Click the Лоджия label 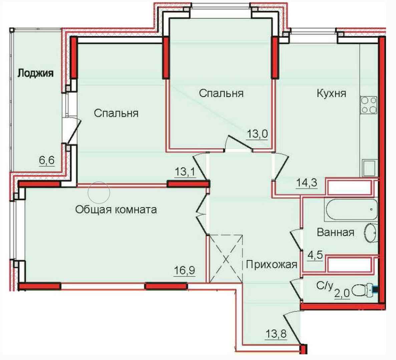pyautogui.click(x=35, y=73)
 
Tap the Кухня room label pyautogui.click(x=331, y=93)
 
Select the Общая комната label pyautogui.click(x=116, y=209)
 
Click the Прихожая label pyautogui.click(x=272, y=265)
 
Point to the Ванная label pyautogui.click(x=336, y=232)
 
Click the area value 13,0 pyautogui.click(x=257, y=133)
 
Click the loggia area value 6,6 pyautogui.click(x=47, y=160)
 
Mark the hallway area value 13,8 pyautogui.click(x=276, y=334)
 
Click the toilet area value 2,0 pyautogui.click(x=342, y=293)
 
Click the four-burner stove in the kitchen pyautogui.click(x=369, y=105)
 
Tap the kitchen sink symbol pyautogui.click(x=370, y=168)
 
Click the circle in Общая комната pyautogui.click(x=99, y=192)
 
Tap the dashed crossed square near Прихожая pyautogui.click(x=226, y=259)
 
